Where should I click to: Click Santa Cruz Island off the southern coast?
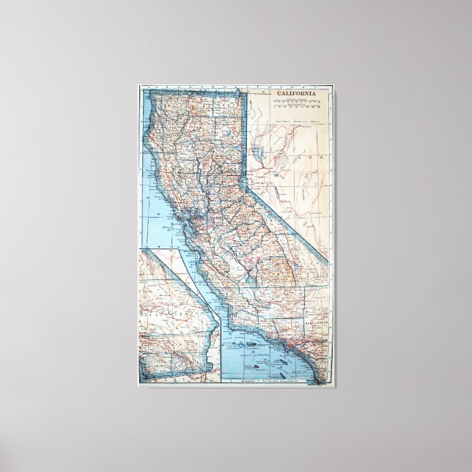(248, 339)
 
